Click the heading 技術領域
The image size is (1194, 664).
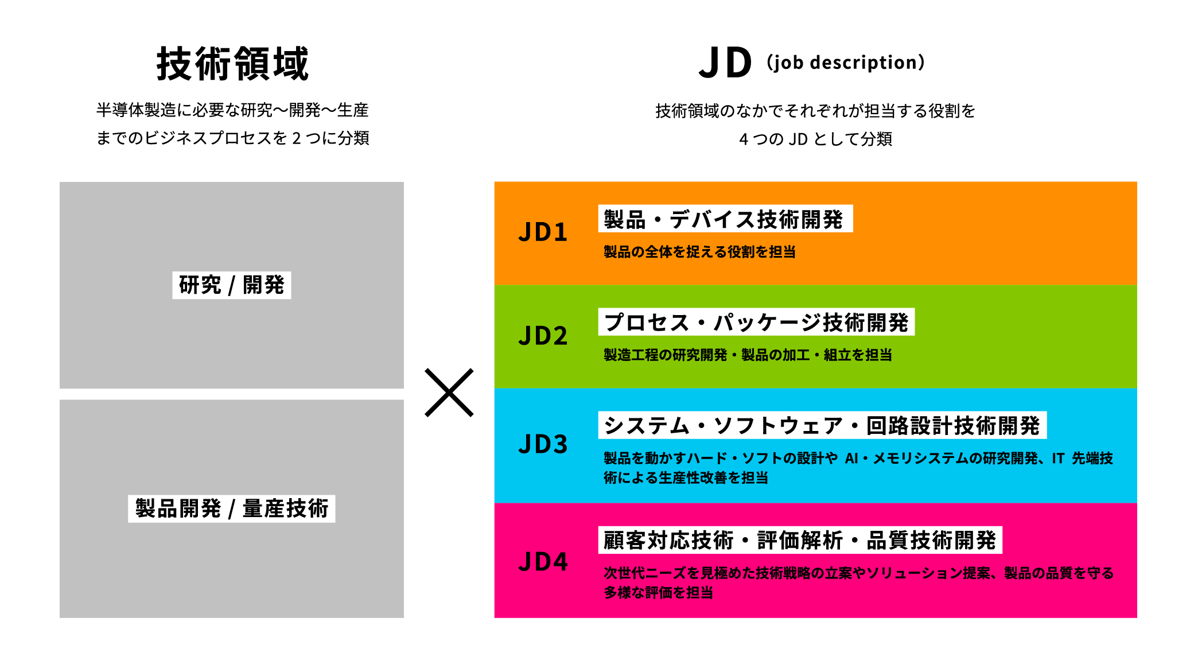click(x=232, y=64)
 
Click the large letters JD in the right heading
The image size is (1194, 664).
click(x=725, y=63)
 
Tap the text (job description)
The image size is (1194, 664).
click(x=845, y=62)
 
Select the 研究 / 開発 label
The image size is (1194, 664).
click(x=232, y=285)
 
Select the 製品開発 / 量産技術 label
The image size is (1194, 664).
click(x=232, y=508)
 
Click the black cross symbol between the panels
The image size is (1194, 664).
click(x=449, y=393)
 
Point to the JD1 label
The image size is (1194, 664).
click(x=543, y=232)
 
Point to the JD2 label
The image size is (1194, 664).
click(x=543, y=336)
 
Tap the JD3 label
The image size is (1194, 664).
click(x=543, y=444)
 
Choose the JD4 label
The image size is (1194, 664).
click(x=543, y=561)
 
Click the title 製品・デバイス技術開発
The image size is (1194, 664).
click(x=725, y=219)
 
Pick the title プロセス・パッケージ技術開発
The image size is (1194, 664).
click(x=756, y=322)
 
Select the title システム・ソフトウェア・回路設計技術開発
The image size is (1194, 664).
click(x=822, y=425)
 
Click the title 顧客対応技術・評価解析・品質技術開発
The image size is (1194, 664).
click(x=800, y=540)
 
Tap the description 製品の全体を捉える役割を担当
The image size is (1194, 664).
click(x=699, y=252)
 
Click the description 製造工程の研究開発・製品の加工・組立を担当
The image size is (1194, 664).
click(x=748, y=355)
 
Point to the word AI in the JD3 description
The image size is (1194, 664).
click(x=851, y=459)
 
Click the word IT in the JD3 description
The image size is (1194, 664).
click(x=1058, y=459)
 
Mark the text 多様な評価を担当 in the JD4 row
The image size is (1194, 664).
click(x=658, y=593)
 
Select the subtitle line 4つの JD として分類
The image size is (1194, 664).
click(x=815, y=139)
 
